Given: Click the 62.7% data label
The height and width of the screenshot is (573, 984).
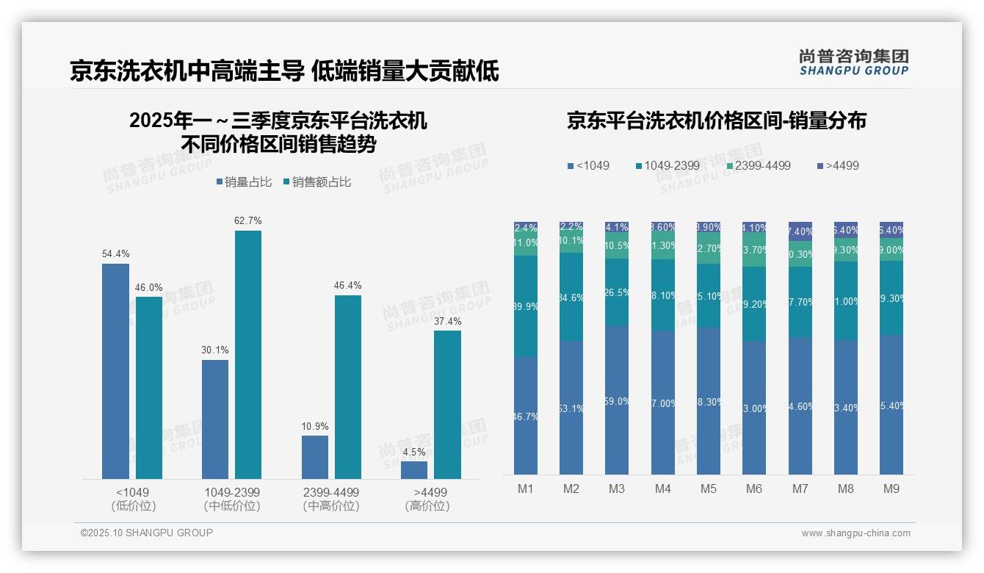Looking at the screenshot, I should pyautogui.click(x=247, y=220).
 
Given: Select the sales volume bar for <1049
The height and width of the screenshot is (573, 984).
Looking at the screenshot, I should pyautogui.click(x=115, y=371).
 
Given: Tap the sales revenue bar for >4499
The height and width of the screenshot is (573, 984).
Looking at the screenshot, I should pyautogui.click(x=447, y=404).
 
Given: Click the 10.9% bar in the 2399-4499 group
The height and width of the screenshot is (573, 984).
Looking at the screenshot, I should pyautogui.click(x=315, y=457).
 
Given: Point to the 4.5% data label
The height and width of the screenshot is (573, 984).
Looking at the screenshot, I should pyautogui.click(x=414, y=452).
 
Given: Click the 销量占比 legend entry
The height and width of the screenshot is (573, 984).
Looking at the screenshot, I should pyautogui.click(x=244, y=182).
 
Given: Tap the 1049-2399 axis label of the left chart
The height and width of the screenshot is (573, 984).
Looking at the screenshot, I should pyautogui.click(x=232, y=492).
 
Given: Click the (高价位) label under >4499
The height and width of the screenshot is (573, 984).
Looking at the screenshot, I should pyautogui.click(x=427, y=506).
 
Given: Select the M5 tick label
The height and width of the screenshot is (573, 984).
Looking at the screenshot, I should pyautogui.click(x=708, y=489).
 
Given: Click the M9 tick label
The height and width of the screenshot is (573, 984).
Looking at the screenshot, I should pyautogui.click(x=891, y=489).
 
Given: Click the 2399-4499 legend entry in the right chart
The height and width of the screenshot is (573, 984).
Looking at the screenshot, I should pyautogui.click(x=759, y=166).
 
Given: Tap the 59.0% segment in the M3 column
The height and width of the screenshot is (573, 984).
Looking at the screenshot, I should pyautogui.click(x=617, y=400).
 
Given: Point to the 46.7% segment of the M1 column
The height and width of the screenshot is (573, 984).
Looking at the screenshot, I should pyautogui.click(x=526, y=416).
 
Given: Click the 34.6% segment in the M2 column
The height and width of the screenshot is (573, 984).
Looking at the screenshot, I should pyautogui.click(x=571, y=298).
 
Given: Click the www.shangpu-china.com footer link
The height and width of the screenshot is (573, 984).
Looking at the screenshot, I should pyautogui.click(x=855, y=533).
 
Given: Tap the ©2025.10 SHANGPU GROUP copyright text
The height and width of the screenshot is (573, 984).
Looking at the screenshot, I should pyautogui.click(x=147, y=533).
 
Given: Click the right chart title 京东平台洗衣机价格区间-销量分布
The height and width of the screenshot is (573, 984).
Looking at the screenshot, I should pyautogui.click(x=716, y=120).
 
